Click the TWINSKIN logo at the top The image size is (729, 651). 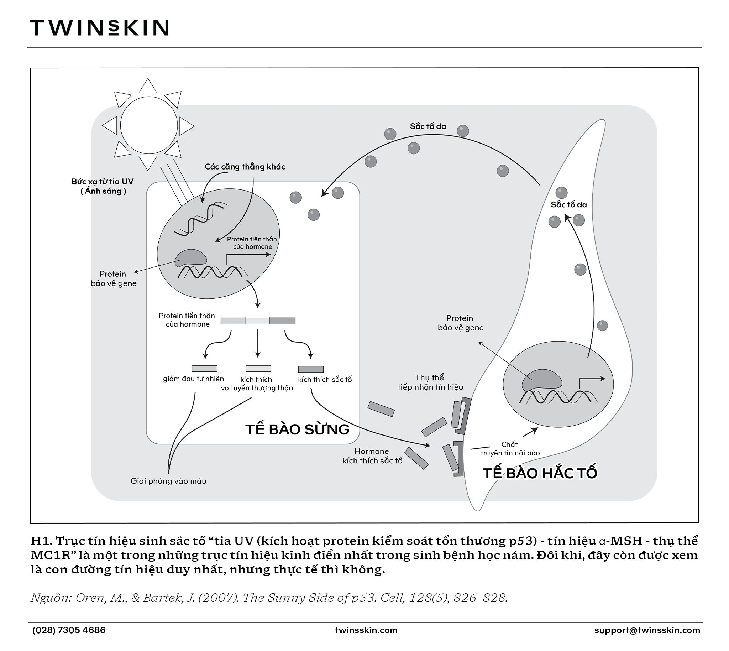pyautogui.click(x=99, y=27)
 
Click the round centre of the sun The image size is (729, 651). pyautogui.click(x=149, y=125)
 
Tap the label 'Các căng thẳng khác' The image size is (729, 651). pyautogui.click(x=245, y=167)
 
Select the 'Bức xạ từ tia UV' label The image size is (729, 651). pyautogui.click(x=102, y=181)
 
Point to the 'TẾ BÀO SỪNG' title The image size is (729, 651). pyautogui.click(x=298, y=429)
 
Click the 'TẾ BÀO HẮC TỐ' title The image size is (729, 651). pyautogui.click(x=540, y=473)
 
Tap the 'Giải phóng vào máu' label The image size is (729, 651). pyautogui.click(x=168, y=481)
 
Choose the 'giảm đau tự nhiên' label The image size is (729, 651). pyautogui.click(x=193, y=379)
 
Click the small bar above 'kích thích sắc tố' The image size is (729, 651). pyautogui.click(x=311, y=369)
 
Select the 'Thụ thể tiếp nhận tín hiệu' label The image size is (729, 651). pyautogui.click(x=430, y=382)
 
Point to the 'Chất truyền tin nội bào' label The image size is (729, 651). pyautogui.click(x=510, y=449)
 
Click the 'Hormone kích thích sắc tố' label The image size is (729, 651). pyautogui.click(x=373, y=456)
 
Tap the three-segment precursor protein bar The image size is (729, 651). pyautogui.click(x=257, y=320)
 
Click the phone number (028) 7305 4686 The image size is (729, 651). pyautogui.click(x=69, y=630)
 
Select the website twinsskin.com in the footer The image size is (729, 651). pyautogui.click(x=366, y=630)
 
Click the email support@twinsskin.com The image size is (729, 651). pyautogui.click(x=647, y=630)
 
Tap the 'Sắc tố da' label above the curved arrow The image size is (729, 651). pyautogui.click(x=428, y=126)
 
